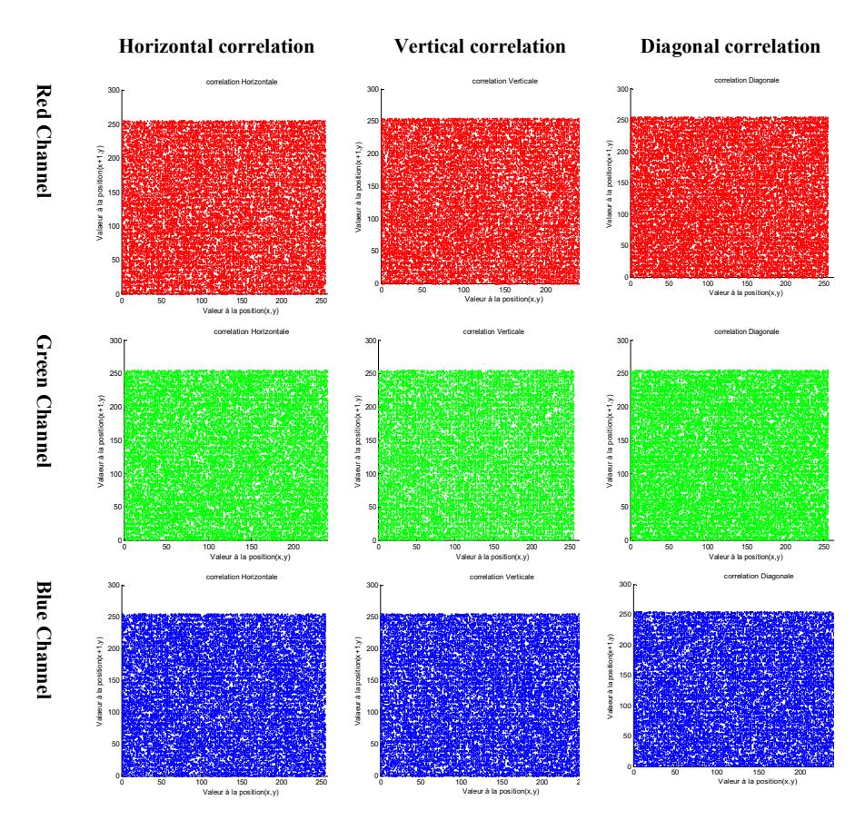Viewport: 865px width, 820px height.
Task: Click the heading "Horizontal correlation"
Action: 216,46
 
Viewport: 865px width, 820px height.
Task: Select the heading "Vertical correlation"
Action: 480,46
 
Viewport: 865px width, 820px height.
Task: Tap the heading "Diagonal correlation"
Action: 730,46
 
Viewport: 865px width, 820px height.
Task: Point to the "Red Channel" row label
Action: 44,141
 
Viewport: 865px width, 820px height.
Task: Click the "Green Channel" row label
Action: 44,400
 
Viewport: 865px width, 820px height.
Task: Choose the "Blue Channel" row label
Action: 44,640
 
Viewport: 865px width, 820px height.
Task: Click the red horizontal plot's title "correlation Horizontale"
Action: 242,82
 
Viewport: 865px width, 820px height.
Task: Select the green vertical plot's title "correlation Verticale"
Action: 493,331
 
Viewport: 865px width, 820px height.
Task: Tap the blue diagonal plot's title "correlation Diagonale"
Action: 759,576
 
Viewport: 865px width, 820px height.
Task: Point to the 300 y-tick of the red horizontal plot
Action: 114,90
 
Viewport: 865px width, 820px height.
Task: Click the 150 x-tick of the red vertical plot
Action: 505,290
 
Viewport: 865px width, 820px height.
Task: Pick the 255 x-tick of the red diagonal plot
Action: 823,283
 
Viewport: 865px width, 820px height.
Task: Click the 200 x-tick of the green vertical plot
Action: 532,547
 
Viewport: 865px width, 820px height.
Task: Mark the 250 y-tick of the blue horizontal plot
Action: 114,617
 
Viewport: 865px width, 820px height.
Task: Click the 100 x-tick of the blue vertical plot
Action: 462,781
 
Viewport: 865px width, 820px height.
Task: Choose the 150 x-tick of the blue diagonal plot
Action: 759,772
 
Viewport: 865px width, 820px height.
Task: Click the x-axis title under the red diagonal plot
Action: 746,292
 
